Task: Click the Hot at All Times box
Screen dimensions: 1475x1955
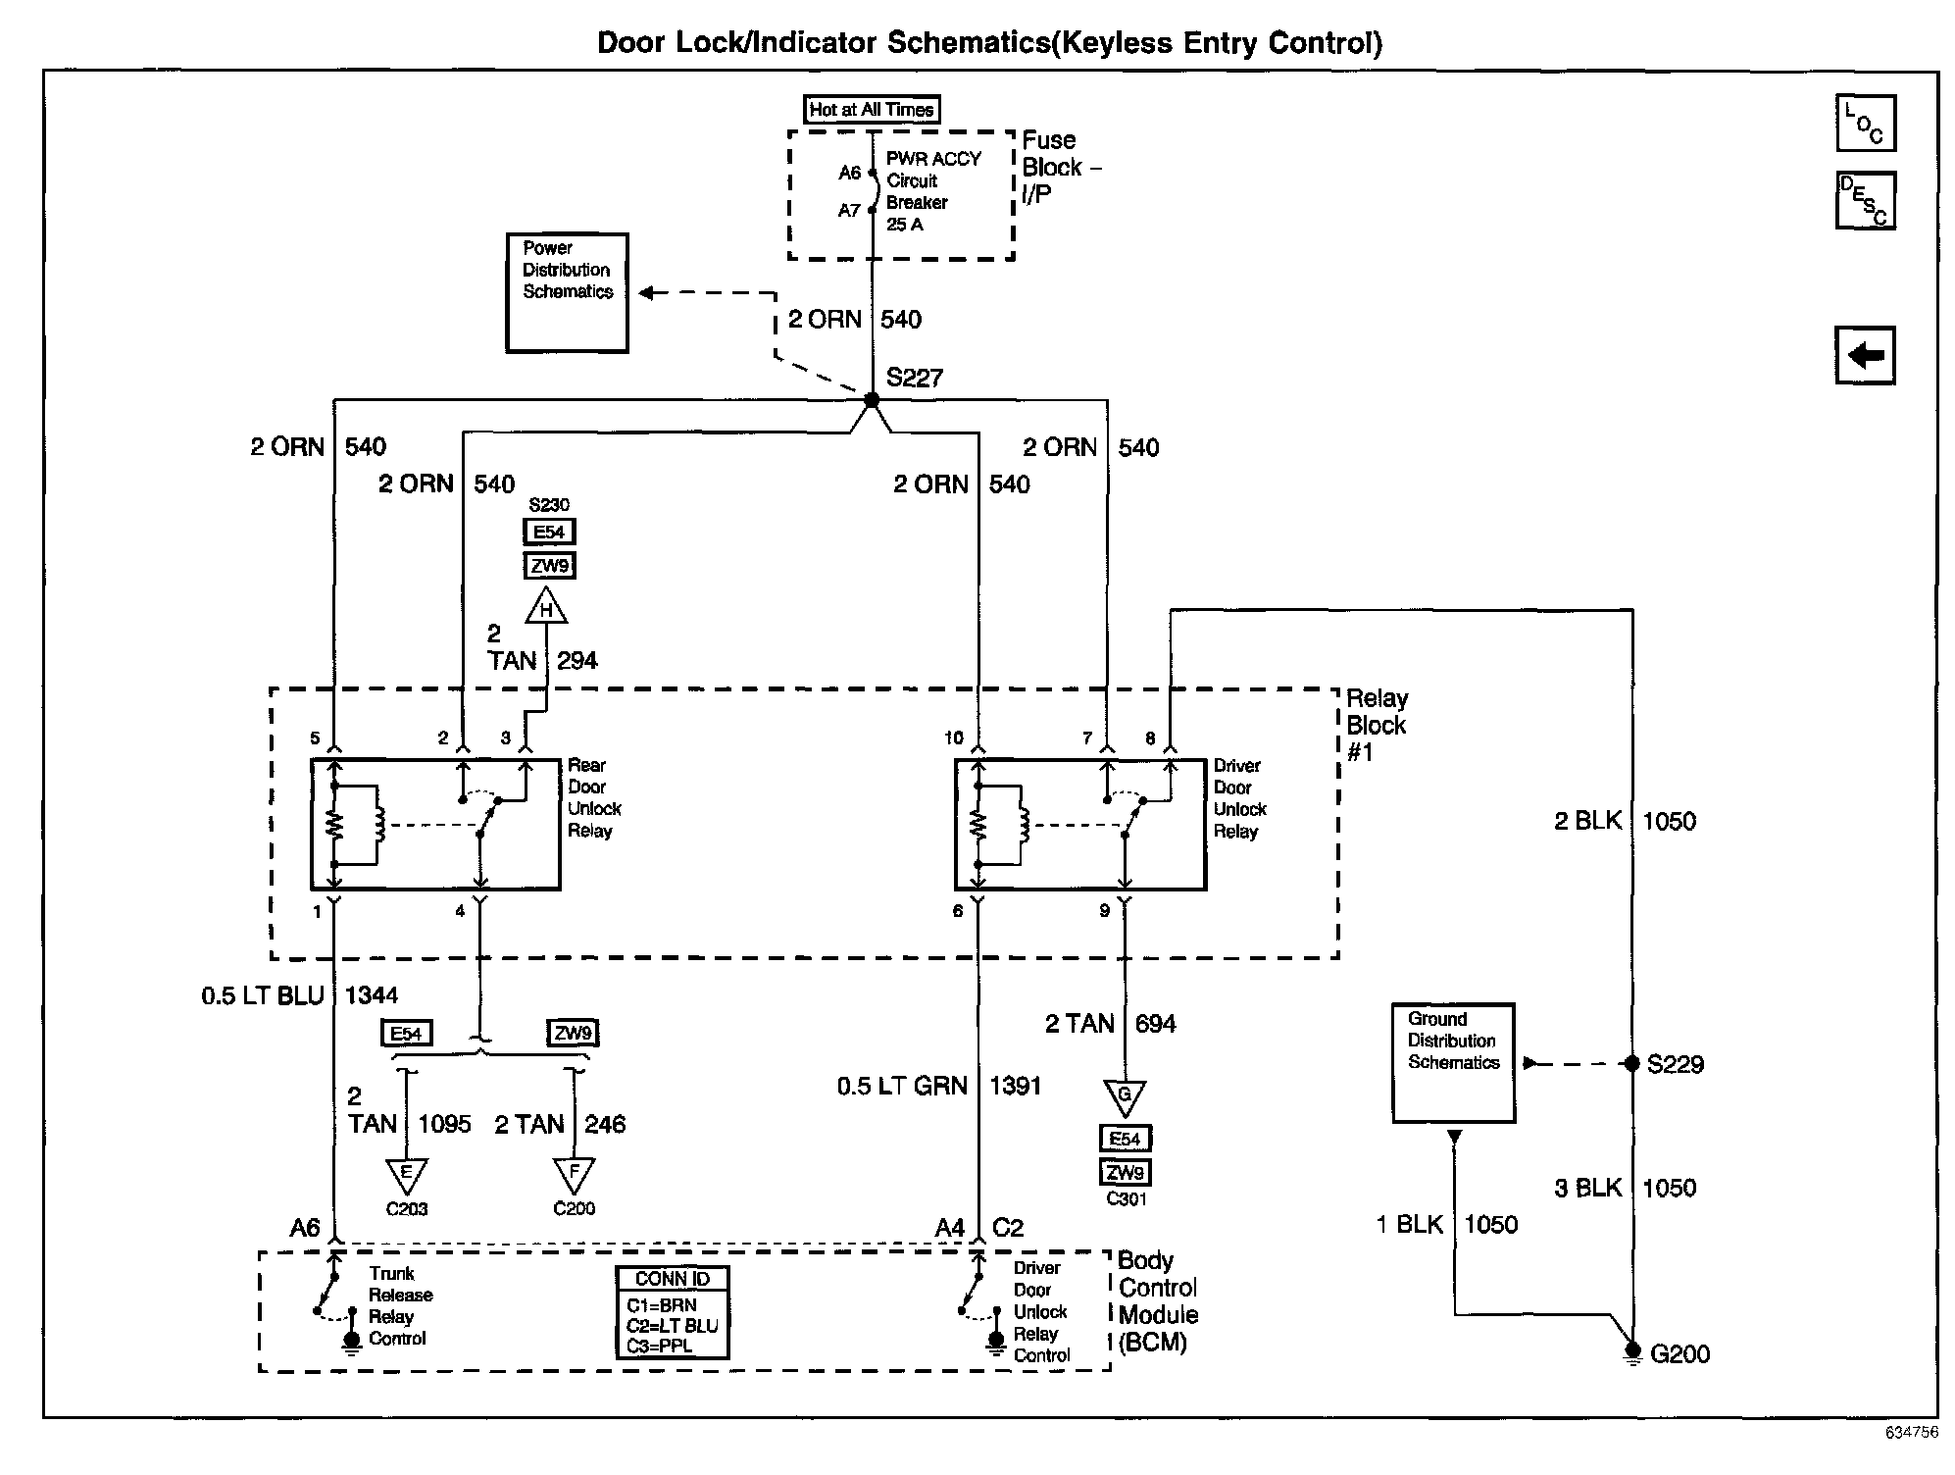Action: (872, 110)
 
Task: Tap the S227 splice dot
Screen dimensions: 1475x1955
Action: (872, 400)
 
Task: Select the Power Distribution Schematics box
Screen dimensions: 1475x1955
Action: (567, 292)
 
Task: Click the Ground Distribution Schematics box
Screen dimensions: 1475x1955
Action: (1453, 1062)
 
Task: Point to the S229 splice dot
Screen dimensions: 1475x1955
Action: (1632, 1064)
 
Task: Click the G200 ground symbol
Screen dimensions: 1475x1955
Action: (1632, 1352)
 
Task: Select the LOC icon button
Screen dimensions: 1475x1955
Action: (1865, 124)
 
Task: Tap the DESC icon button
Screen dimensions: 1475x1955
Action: (1865, 200)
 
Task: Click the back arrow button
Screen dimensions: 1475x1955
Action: (1865, 355)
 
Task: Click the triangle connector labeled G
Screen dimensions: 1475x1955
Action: (1125, 1095)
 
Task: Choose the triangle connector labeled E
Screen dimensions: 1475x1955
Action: (406, 1173)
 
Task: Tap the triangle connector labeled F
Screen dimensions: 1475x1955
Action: (574, 1173)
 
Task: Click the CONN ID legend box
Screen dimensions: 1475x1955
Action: (672, 1312)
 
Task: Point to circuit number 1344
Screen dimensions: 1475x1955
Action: (372, 995)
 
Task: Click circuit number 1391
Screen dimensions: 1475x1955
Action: (1015, 1086)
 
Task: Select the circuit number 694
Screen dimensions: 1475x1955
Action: (1155, 1024)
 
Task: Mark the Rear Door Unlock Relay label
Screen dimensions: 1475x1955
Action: (594, 798)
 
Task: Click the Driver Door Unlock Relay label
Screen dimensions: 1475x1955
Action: (1239, 798)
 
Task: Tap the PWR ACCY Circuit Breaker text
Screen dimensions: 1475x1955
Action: (932, 191)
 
